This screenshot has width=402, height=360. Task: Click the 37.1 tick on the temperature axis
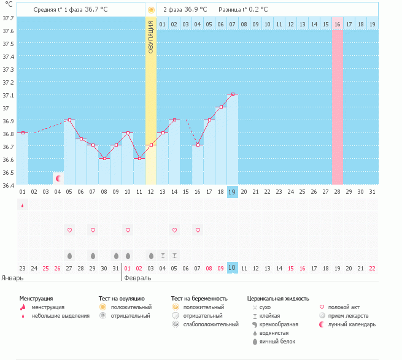(x=8, y=96)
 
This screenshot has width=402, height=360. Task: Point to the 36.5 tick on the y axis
(x=8, y=172)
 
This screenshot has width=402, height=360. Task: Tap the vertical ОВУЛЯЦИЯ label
(x=151, y=37)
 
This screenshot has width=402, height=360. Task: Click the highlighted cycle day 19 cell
(x=232, y=192)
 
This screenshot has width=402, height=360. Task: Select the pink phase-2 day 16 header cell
(x=338, y=24)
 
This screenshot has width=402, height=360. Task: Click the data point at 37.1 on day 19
(x=232, y=94)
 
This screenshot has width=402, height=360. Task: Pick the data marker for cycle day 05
(x=69, y=120)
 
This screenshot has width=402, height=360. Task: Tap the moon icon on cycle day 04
(x=58, y=178)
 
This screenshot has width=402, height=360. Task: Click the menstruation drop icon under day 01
(x=23, y=206)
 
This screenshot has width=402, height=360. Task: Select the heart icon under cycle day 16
(x=198, y=230)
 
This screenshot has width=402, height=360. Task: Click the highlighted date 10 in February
(x=232, y=268)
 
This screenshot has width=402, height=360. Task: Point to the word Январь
(x=12, y=278)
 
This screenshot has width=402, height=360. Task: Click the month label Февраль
(x=137, y=278)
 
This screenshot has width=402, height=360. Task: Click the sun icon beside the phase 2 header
(x=151, y=10)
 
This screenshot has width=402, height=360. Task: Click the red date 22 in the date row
(x=373, y=268)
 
